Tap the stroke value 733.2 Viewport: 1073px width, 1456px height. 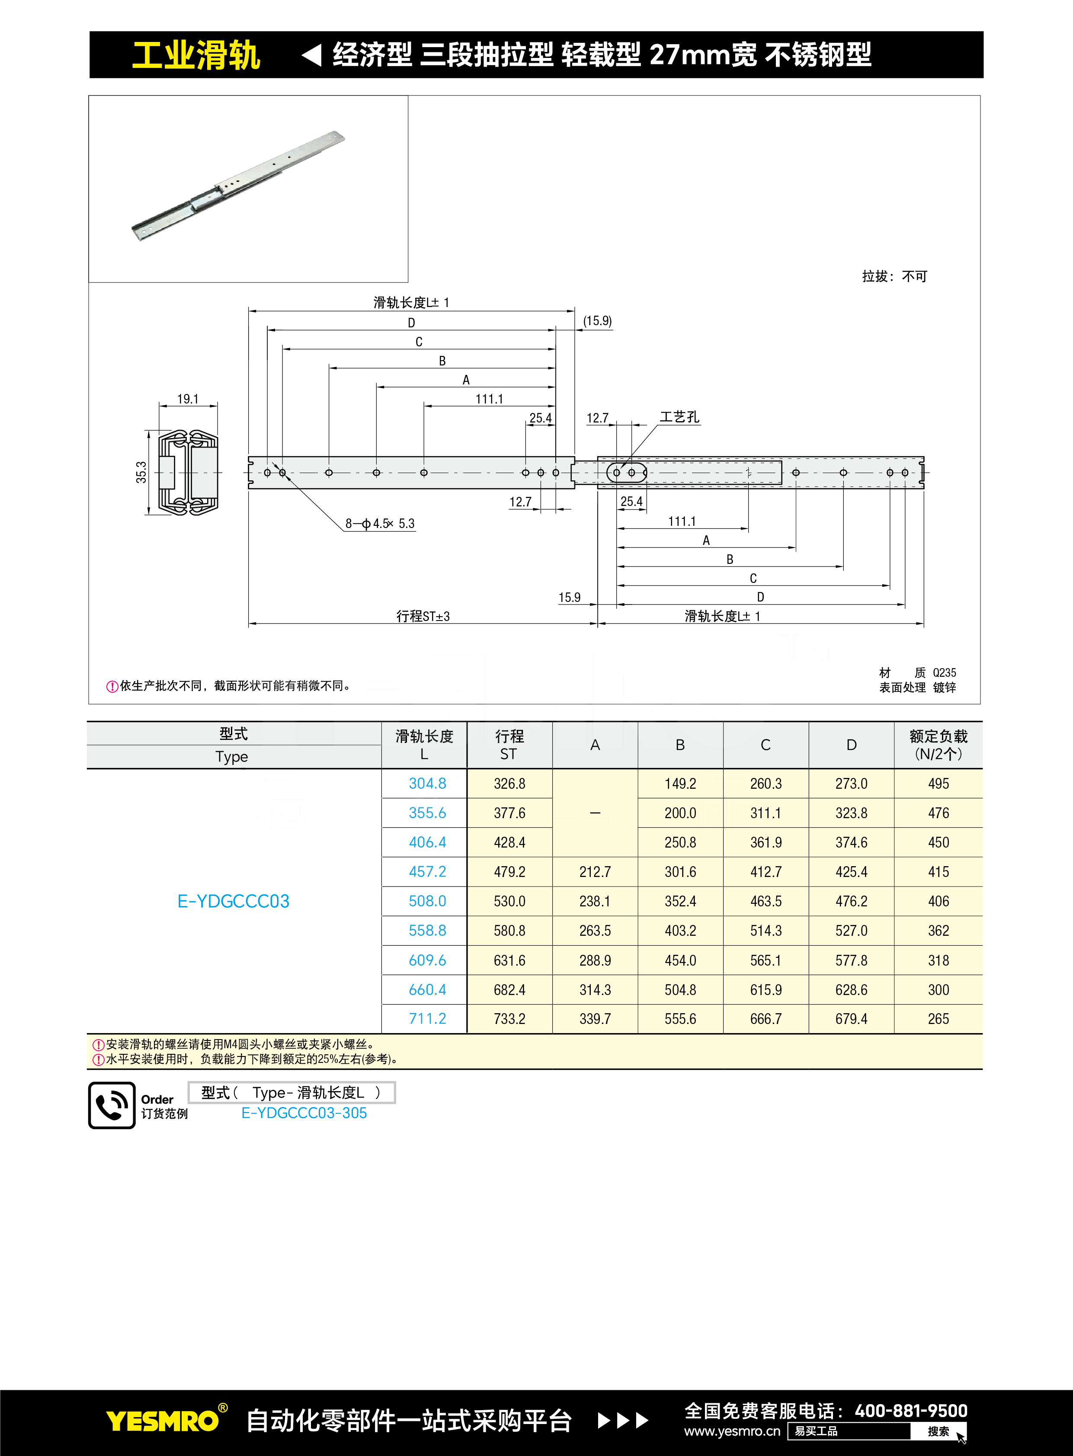[509, 1019]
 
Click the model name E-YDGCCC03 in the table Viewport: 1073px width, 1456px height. [233, 901]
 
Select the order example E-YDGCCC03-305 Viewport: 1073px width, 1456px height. [304, 1113]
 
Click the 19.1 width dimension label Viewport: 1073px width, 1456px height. [188, 399]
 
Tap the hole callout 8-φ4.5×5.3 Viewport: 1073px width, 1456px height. [380, 523]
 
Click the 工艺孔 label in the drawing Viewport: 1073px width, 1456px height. [679, 417]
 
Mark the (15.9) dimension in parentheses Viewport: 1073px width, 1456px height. [597, 321]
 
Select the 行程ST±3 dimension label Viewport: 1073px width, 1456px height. [423, 616]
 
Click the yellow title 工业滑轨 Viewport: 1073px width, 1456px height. [196, 55]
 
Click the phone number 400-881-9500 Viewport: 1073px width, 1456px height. [911, 1411]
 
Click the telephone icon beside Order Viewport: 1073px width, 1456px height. [112, 1105]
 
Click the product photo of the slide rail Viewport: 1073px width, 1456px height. [238, 186]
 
